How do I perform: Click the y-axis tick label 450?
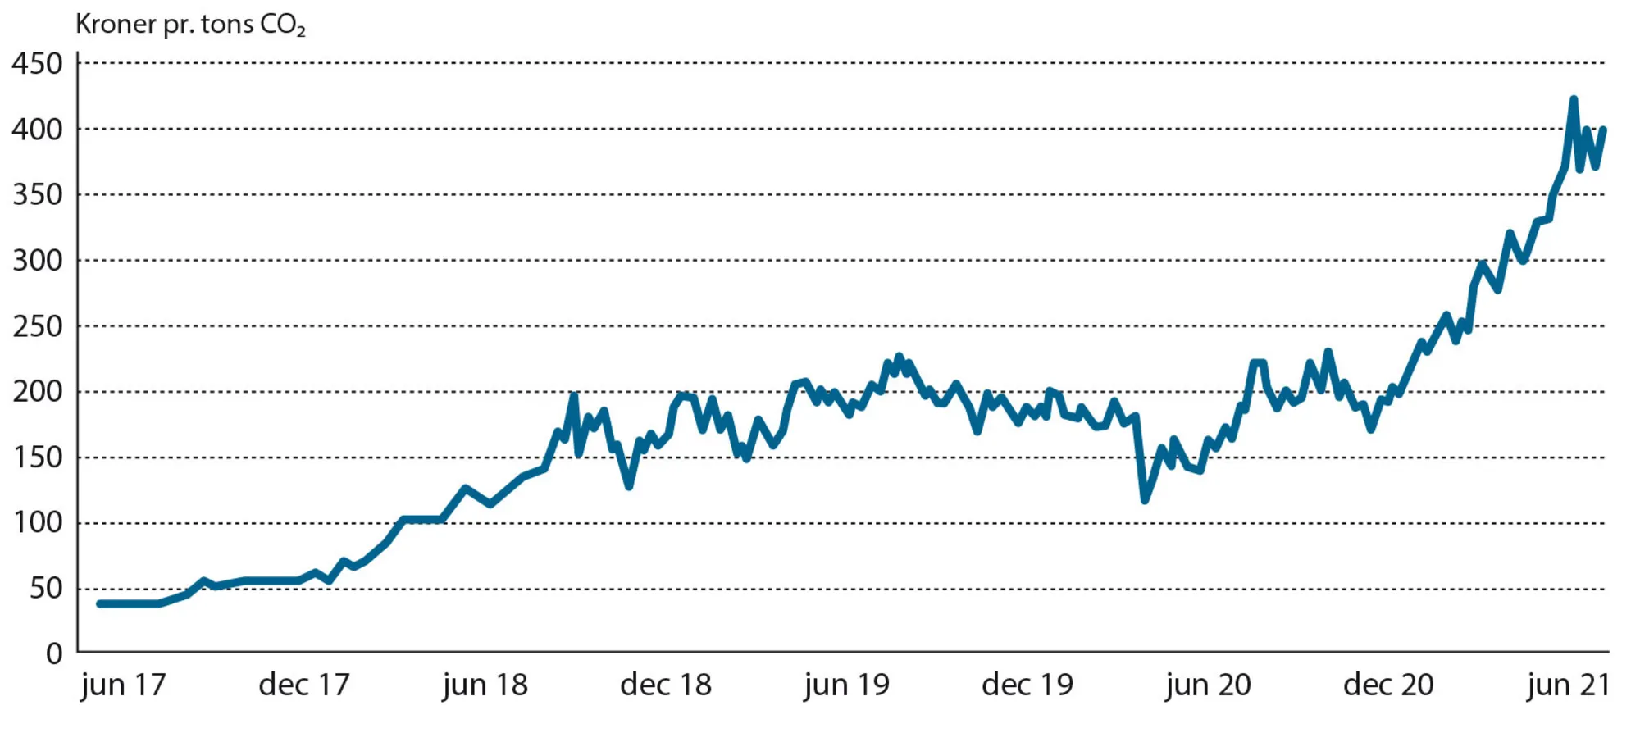coord(37,64)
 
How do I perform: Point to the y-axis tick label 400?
coord(37,130)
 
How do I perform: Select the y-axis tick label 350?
coord(37,195)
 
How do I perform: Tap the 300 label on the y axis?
coord(37,261)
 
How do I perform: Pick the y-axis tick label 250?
coord(37,326)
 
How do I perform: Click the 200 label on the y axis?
coord(37,392)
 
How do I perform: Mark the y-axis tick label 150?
coord(37,457)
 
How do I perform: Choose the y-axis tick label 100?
coord(37,523)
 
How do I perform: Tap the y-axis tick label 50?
coord(46,589)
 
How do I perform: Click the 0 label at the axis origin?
coord(54,653)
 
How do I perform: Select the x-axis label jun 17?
coord(124,685)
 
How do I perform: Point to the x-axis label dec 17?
coord(304,685)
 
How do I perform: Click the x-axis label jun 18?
coord(485,685)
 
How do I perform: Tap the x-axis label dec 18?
coord(666,685)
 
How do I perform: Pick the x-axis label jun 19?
coord(847,685)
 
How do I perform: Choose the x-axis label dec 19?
coord(1027,685)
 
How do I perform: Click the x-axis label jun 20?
coord(1209,685)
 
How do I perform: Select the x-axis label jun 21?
coord(1569,685)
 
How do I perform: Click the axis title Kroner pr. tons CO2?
coord(190,25)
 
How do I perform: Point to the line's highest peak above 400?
coord(1574,100)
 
